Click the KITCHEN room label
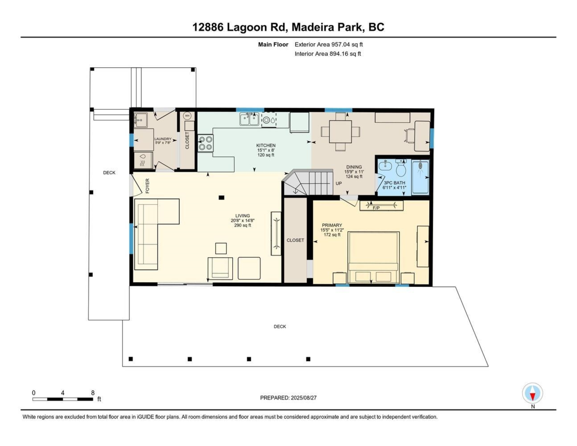[x=265, y=145]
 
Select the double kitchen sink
[x=249, y=119]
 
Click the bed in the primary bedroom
[x=374, y=257]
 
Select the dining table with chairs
[x=341, y=131]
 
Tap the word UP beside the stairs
[x=339, y=183]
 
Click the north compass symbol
[x=532, y=393]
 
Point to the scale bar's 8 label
[x=92, y=393]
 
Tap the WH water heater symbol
[x=188, y=116]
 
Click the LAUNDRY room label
[x=162, y=139]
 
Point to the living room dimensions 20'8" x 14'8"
[x=242, y=221]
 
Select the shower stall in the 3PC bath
[x=420, y=177]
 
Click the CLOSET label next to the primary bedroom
[x=295, y=241]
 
